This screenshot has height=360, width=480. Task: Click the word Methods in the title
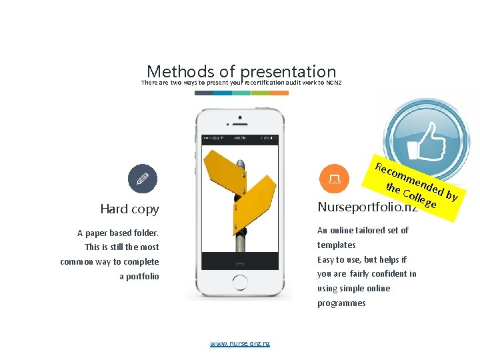pos(177,71)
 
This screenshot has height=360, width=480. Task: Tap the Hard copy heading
pos(129,209)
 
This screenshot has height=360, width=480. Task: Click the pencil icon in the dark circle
pos(143,178)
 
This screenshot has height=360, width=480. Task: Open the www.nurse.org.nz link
pos(240,343)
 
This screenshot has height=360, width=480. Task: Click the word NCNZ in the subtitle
pos(334,83)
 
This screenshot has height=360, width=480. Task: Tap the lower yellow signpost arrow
pos(255,199)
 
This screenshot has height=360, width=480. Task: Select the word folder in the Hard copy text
pos(146,233)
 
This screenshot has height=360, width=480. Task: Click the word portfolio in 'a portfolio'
pos(143,276)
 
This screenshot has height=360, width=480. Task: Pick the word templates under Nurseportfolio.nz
pos(336,245)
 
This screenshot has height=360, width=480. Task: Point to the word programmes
pos(341,303)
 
